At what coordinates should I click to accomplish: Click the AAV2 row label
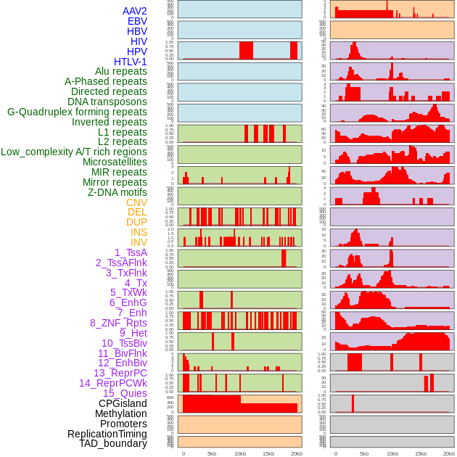pyautogui.click(x=134, y=11)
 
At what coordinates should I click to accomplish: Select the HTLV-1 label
pyautogui.click(x=130, y=62)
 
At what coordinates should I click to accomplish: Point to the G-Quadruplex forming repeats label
pyautogui.click(x=77, y=112)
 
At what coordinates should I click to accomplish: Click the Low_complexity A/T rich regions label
pyautogui.click(x=74, y=152)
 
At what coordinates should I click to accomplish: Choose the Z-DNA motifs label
pyautogui.click(x=118, y=192)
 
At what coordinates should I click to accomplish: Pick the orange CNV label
pyautogui.click(x=136, y=202)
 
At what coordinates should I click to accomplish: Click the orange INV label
pyautogui.click(x=139, y=242)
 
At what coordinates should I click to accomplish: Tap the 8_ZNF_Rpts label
pyautogui.click(x=118, y=323)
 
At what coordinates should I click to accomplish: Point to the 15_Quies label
pyautogui.click(x=125, y=393)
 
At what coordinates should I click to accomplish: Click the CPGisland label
pyautogui.click(x=123, y=403)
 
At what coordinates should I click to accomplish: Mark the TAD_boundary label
pyautogui.click(x=112, y=443)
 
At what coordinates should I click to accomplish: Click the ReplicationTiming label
pyautogui.click(x=107, y=434)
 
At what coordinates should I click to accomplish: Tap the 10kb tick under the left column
pyautogui.click(x=239, y=453)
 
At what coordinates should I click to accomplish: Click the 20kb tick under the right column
pyautogui.click(x=449, y=453)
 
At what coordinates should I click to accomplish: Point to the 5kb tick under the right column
pyautogui.click(x=363, y=453)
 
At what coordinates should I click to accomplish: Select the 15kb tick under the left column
pyautogui.click(x=268, y=453)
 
